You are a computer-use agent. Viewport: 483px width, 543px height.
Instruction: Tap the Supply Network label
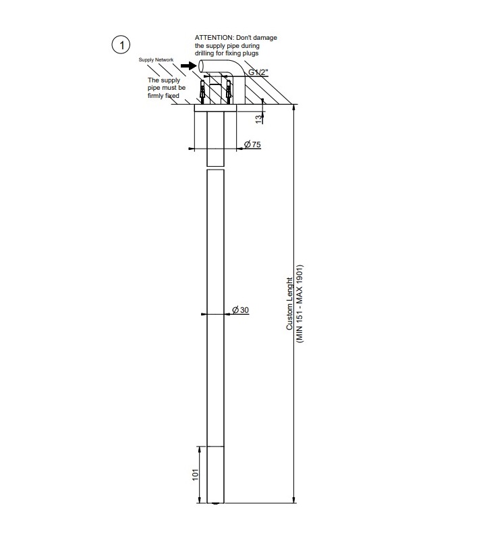click(156, 60)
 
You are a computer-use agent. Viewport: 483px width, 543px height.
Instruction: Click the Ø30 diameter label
click(240, 309)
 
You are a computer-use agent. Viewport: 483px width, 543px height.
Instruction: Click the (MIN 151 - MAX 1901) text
click(300, 304)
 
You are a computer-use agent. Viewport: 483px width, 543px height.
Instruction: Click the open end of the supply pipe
click(205, 66)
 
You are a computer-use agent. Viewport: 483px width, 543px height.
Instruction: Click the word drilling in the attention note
click(206, 53)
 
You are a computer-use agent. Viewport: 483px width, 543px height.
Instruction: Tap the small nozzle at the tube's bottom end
click(215, 504)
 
